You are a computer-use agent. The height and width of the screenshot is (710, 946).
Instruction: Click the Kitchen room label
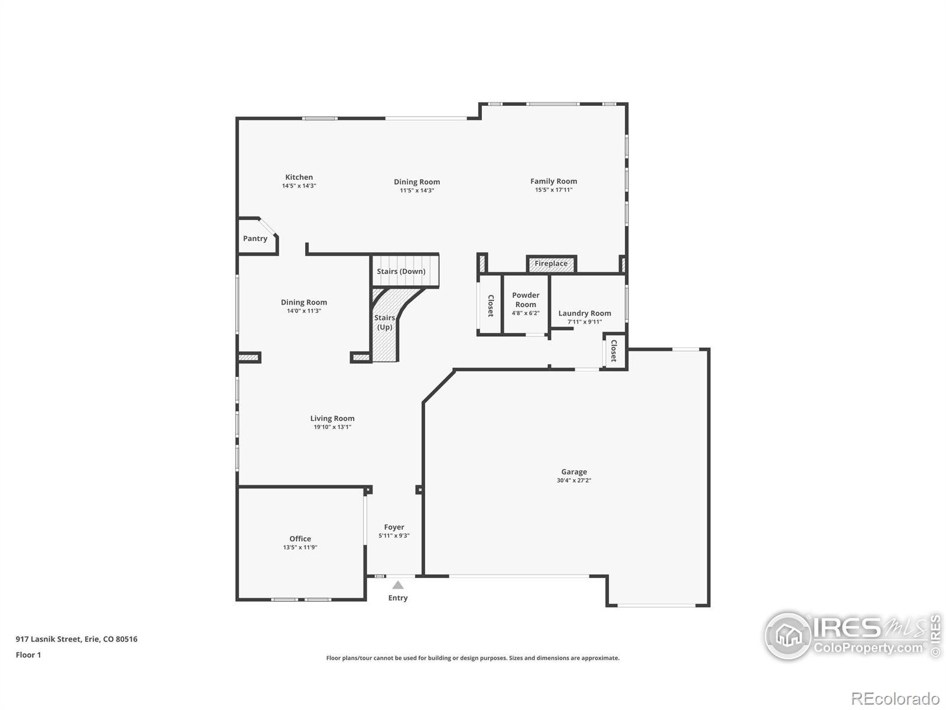pyautogui.click(x=299, y=177)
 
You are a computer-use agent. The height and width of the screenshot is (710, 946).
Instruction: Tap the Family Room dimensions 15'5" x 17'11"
pyautogui.click(x=553, y=190)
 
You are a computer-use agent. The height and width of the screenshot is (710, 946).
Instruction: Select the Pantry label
pyautogui.click(x=255, y=238)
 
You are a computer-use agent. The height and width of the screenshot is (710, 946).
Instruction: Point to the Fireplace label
pyautogui.click(x=551, y=263)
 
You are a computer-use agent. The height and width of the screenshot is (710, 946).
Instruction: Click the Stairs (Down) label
pyautogui.click(x=401, y=271)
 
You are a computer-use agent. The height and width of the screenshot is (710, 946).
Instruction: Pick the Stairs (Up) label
pyautogui.click(x=384, y=322)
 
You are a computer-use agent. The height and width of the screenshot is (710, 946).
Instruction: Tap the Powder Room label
pyautogui.click(x=526, y=299)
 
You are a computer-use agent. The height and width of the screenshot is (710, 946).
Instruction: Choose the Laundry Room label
pyautogui.click(x=584, y=314)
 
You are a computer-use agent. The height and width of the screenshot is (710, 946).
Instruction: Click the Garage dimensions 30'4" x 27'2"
pyautogui.click(x=574, y=480)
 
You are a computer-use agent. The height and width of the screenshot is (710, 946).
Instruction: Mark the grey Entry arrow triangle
pyautogui.click(x=398, y=585)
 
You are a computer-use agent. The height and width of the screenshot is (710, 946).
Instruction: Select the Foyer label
pyautogui.click(x=394, y=527)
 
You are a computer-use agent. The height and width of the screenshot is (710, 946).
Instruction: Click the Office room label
pyautogui.click(x=300, y=538)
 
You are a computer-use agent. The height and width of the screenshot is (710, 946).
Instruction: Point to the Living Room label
pyautogui.click(x=332, y=418)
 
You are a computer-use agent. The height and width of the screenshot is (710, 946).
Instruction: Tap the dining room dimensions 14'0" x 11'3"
pyautogui.click(x=304, y=311)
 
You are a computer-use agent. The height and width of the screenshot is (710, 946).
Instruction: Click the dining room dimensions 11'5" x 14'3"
pyautogui.click(x=416, y=191)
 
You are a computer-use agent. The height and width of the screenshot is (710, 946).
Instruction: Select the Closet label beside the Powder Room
pyautogui.click(x=491, y=306)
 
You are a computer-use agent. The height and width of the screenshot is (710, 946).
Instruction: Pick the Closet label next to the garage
pyautogui.click(x=614, y=350)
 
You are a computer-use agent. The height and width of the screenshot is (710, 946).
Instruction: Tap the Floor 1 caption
pyautogui.click(x=28, y=655)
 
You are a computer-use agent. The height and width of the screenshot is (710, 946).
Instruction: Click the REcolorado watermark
pyautogui.click(x=895, y=698)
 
